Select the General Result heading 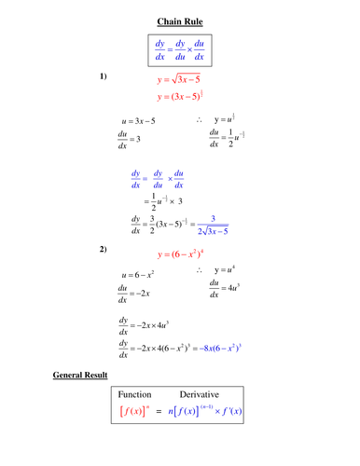tap(80, 376)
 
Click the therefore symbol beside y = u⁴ tap(201, 270)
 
